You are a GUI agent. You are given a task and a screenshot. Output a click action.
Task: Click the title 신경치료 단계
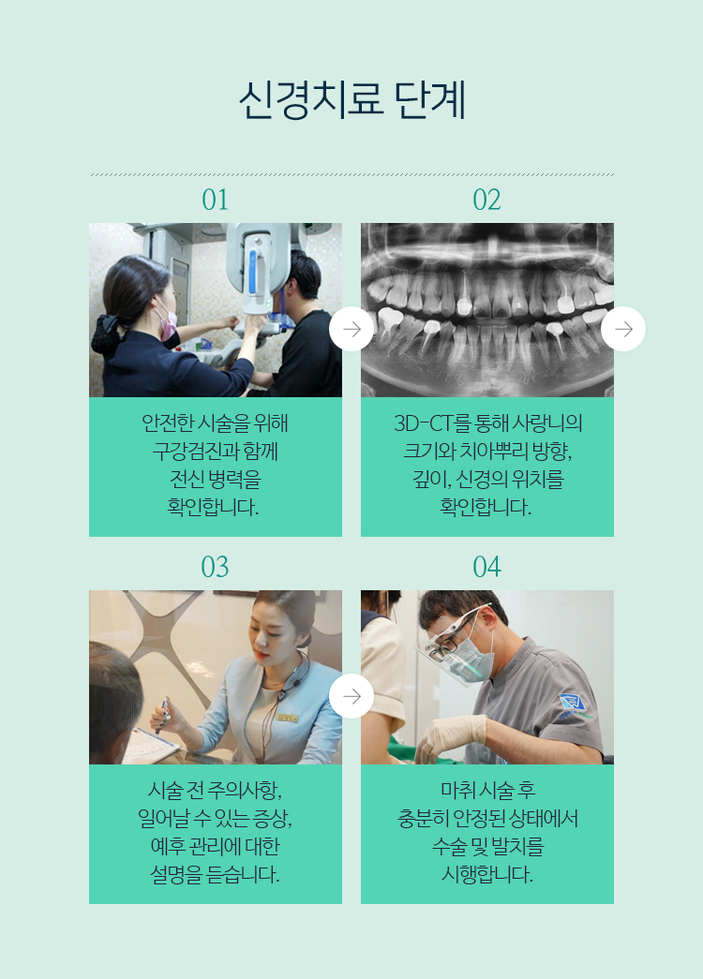351,100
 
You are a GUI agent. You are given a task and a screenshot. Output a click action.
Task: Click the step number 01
215,200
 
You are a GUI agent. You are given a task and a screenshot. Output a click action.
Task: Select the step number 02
486,200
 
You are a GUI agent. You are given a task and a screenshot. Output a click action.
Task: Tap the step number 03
215,567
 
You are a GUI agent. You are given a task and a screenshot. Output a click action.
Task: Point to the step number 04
486,567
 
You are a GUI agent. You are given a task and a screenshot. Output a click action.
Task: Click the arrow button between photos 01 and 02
351,329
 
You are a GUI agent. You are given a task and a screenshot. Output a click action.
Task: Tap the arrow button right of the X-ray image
623,329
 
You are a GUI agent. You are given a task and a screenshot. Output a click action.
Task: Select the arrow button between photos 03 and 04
351,696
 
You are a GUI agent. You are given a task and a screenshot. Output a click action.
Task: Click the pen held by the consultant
163,715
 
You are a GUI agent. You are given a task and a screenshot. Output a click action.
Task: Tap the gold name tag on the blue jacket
288,718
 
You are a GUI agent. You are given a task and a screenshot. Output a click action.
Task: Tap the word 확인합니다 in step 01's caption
213,507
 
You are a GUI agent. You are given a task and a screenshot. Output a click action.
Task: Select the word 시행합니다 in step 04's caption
487,874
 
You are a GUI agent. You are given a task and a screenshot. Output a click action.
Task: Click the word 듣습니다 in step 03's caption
242,874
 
